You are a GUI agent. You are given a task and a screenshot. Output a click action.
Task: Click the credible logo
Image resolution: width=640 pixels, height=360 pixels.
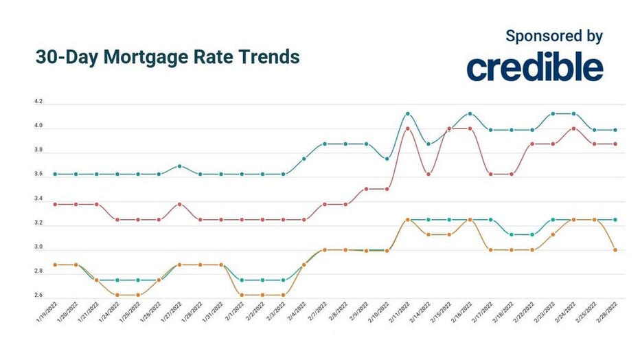[x=535, y=67]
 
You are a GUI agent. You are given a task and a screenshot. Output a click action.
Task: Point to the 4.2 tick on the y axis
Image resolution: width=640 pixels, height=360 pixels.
[x=38, y=102]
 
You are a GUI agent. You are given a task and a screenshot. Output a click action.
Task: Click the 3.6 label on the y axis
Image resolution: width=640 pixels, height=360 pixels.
[x=38, y=175]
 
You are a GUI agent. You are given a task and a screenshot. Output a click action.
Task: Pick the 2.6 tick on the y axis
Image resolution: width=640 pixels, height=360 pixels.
[x=38, y=296]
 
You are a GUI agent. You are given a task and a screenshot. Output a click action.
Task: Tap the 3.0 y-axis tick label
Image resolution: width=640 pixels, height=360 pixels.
[x=38, y=247]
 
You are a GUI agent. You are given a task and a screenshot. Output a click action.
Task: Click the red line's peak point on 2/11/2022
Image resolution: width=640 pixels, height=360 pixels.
[x=408, y=128]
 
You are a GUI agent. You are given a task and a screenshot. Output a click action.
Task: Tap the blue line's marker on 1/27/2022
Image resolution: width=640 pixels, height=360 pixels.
[x=179, y=166]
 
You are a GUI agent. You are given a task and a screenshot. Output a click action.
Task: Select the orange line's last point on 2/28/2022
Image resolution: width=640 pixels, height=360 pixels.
[x=615, y=250]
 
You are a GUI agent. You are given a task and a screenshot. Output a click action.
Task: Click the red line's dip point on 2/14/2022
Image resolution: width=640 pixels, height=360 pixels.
[x=428, y=174]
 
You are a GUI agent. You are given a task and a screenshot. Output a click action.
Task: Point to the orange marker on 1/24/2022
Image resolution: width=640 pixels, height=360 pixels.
[x=117, y=295]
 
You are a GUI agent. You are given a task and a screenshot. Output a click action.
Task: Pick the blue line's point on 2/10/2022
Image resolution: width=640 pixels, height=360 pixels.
[x=387, y=159]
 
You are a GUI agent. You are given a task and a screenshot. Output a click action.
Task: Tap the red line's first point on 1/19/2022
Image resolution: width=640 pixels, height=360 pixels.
[x=55, y=204]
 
